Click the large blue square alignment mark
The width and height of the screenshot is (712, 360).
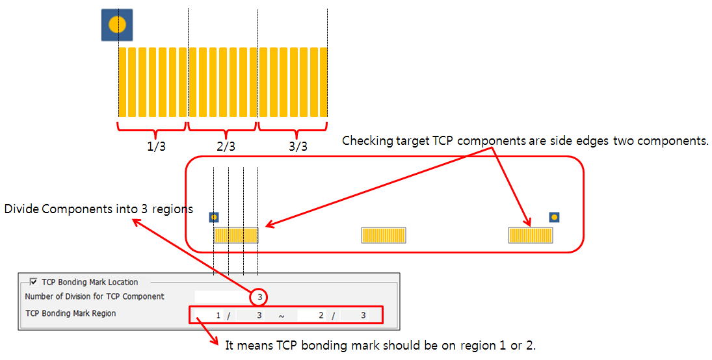117,25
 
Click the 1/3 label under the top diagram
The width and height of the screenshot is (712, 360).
157,146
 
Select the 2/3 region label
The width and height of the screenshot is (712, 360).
226,146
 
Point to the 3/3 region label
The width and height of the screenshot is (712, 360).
298,146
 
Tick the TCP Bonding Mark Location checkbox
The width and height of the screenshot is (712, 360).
33,282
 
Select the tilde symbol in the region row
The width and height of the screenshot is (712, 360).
282,316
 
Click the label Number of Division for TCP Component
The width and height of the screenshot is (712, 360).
94,296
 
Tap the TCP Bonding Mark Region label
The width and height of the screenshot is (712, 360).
70,313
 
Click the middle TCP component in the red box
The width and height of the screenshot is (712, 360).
384,235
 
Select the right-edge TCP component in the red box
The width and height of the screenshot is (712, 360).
530,235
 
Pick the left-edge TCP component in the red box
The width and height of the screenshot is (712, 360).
236,235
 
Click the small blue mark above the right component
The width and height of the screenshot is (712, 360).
554,216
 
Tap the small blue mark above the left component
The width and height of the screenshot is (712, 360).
214,217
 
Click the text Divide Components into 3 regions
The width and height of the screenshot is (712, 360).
99,209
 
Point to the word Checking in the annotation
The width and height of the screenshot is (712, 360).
364,141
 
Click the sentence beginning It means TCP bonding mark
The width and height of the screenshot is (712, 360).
380,345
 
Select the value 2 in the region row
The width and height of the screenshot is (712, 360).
321,316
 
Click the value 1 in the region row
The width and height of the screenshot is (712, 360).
218,316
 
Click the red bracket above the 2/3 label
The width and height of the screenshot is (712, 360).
222,126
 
